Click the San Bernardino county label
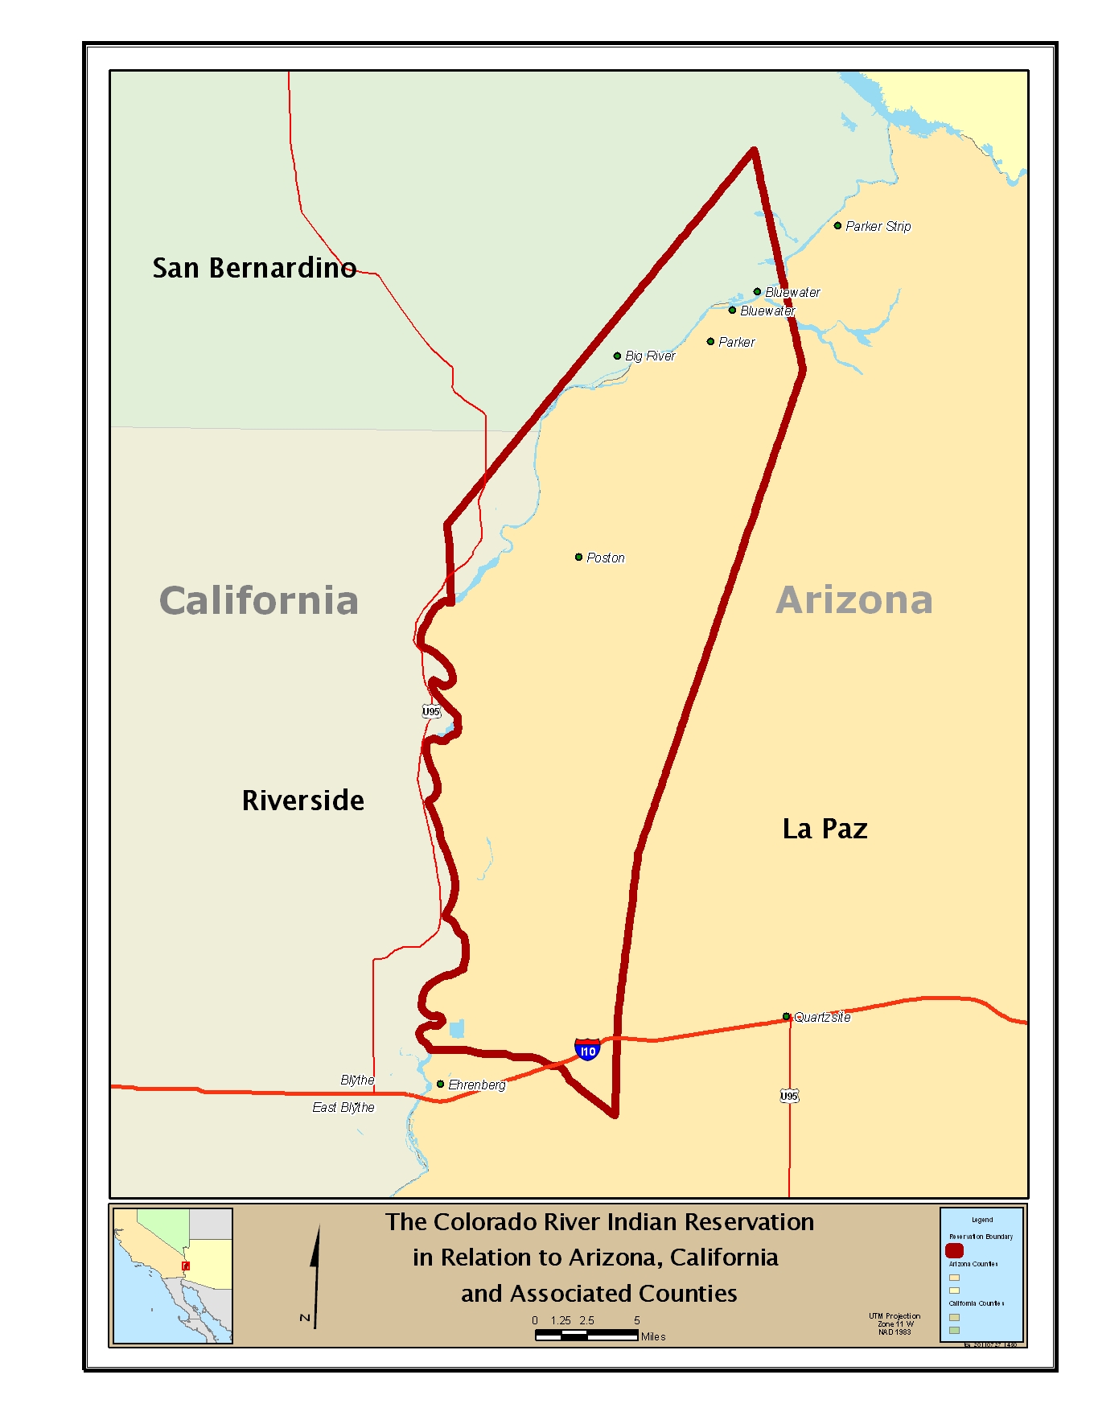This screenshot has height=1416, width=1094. pos(254,268)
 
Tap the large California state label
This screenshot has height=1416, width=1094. pos(258,601)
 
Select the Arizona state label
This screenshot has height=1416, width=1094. pos(854,600)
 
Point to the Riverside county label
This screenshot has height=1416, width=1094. pos(302,801)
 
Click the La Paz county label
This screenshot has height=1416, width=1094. pos(825,829)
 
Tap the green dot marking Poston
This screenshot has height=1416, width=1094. pos(578,557)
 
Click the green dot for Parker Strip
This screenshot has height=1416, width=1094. pos(837,226)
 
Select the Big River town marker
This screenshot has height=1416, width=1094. pos(617,356)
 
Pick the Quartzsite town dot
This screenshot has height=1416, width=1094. pos(786,1017)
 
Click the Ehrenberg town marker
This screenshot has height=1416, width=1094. pos(440,1085)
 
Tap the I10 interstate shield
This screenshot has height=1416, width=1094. pos(587,1050)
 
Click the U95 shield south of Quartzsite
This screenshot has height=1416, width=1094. pos(789,1096)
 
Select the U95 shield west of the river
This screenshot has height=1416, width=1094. pos(431,711)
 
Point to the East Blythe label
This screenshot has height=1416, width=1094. pos(343,1108)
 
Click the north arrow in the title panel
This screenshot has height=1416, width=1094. pos(315,1275)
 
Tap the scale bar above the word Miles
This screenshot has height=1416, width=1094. pos(586,1335)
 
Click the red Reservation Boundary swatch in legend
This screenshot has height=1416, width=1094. pos(954,1250)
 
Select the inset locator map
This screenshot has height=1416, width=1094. pos(173,1275)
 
